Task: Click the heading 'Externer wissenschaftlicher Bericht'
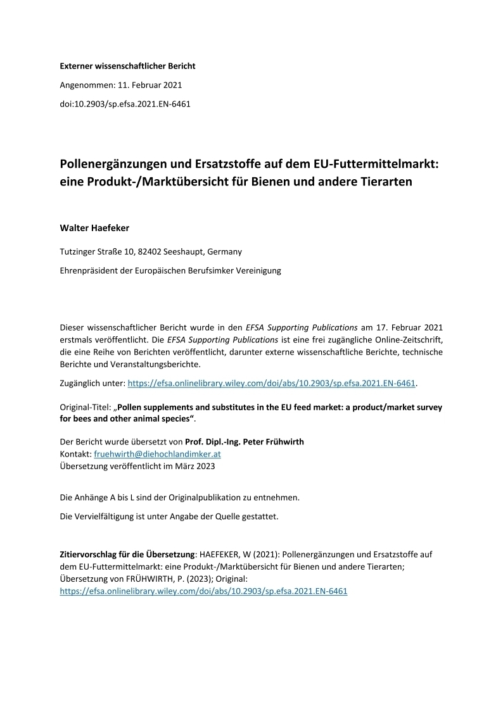127,65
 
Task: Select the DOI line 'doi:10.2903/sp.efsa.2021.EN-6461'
125,103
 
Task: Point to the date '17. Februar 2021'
411,327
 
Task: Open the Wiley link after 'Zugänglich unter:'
272,383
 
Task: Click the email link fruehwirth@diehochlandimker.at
157,454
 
